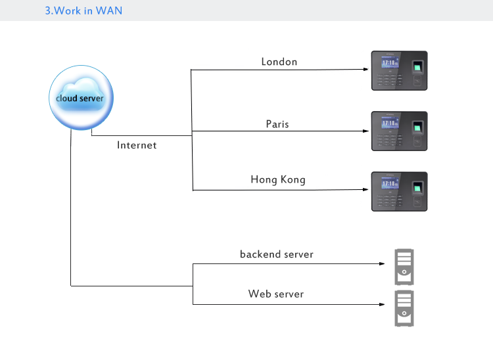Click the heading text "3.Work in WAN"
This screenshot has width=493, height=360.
pos(83,11)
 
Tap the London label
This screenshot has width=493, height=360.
pos(279,62)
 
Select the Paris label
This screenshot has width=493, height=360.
pos(277,124)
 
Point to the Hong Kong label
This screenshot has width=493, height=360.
pos(278,179)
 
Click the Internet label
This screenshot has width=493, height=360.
pos(137,145)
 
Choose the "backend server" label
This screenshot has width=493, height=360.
pos(277,254)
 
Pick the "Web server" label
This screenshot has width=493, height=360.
pos(276,294)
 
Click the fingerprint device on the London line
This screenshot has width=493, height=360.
pos(400,70)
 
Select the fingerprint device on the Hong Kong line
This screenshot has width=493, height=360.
pos(400,191)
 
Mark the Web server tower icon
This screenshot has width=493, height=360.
pos(404,307)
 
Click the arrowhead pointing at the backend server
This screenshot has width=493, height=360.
pos(382,264)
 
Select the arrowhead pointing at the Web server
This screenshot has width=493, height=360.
pos(382,304)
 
